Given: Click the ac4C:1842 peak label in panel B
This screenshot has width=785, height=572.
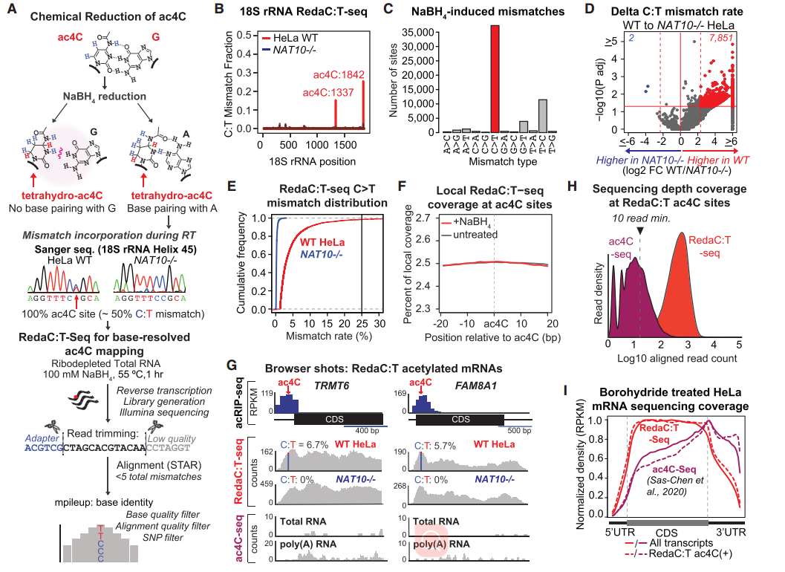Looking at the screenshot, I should click(x=337, y=74).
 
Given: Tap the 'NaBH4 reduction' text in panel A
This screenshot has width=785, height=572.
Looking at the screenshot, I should click(x=105, y=96).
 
